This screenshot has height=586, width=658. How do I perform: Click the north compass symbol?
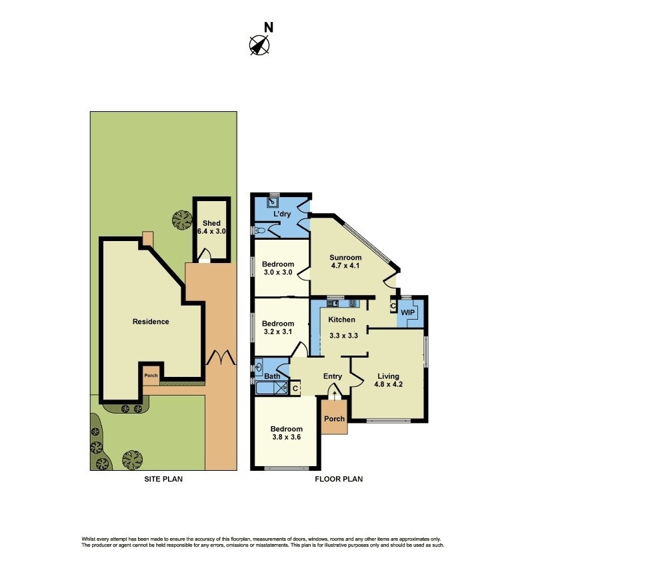259,45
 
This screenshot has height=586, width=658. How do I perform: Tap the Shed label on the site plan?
212,223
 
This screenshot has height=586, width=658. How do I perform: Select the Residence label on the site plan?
151,322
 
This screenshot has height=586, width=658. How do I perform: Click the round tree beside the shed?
180,220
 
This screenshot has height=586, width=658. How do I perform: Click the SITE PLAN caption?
163,479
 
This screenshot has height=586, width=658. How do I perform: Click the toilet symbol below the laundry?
260,230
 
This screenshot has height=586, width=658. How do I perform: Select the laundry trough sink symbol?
273,200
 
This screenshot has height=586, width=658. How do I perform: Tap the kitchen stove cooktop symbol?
352,304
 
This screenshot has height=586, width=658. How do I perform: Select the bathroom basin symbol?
259,366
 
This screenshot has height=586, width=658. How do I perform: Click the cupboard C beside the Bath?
296,386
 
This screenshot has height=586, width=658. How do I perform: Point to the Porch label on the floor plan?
334,419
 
